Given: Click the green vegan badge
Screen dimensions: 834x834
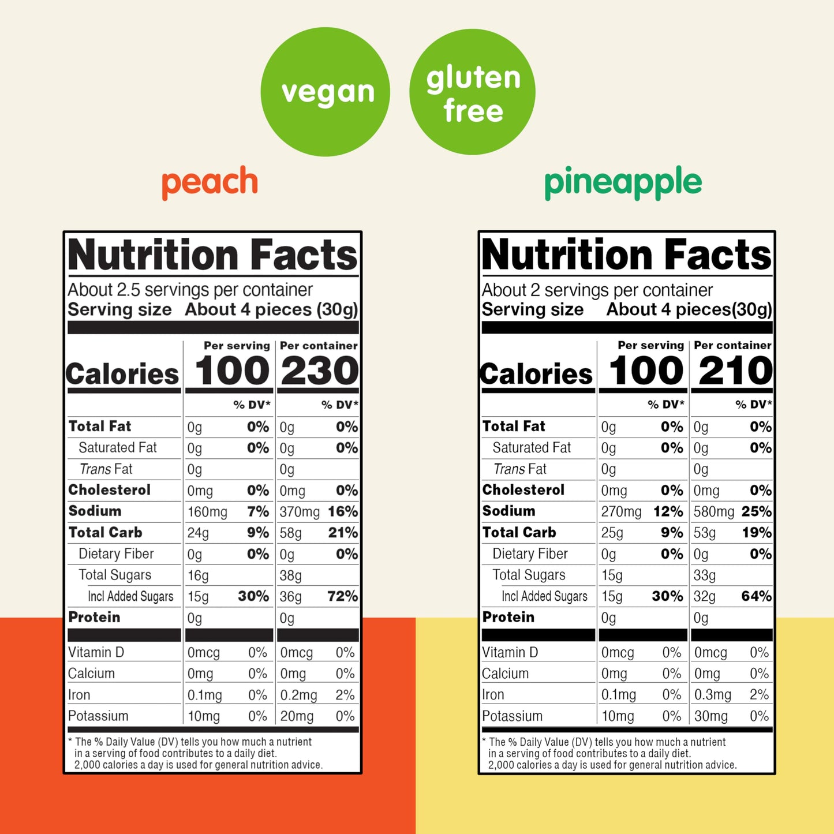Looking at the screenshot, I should (x=325, y=92).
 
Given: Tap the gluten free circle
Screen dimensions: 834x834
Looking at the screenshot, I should (x=473, y=92).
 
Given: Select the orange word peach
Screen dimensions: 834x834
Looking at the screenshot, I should (x=210, y=182).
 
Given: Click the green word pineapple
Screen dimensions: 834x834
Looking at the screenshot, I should (x=623, y=182).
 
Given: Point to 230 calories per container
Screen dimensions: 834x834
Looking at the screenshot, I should (x=319, y=371).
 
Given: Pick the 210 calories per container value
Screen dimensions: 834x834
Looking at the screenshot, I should (x=734, y=371).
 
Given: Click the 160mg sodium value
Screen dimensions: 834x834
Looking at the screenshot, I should (x=207, y=512).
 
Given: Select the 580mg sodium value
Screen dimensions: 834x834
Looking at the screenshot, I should (x=714, y=512).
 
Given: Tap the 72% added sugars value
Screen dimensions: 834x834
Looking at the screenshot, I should (x=342, y=596).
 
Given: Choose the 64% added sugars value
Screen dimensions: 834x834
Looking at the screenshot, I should (x=756, y=596).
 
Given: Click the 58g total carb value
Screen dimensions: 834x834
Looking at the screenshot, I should (x=291, y=533).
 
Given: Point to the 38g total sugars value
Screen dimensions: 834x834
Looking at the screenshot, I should (x=291, y=575).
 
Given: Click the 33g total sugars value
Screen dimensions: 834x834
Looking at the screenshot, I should (x=705, y=575).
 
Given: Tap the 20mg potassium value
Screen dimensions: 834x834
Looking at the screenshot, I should (x=297, y=716).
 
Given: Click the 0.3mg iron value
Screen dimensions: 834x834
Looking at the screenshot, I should (x=712, y=695).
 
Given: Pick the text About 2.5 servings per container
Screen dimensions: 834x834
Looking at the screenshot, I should (x=190, y=290).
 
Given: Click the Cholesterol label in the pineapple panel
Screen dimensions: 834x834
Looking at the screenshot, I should (x=523, y=490).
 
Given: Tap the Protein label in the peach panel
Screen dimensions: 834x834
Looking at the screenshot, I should (x=95, y=617).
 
